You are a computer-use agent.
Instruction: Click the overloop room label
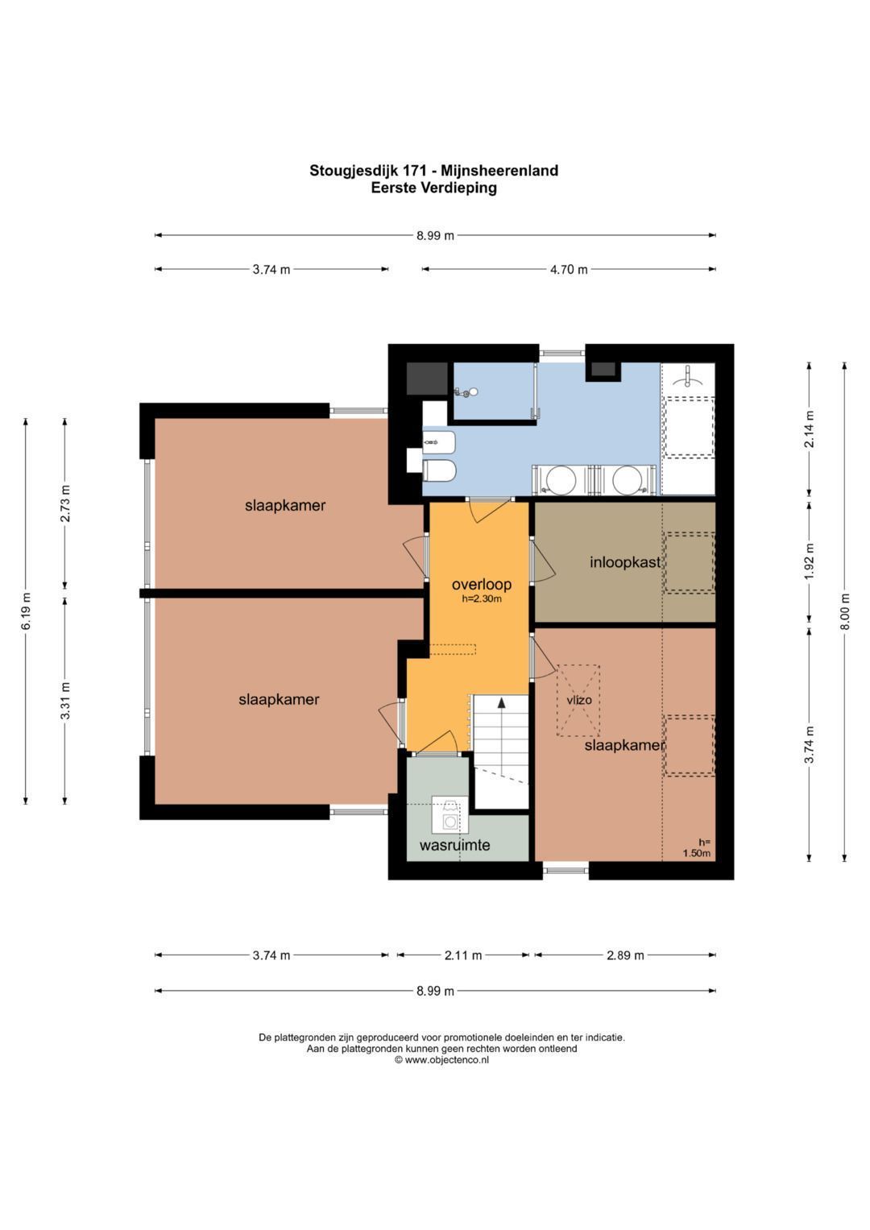tap(481, 584)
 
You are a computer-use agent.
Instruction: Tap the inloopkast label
tap(625, 561)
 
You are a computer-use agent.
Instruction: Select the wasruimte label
tap(454, 845)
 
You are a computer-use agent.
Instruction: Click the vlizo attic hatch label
tap(579, 699)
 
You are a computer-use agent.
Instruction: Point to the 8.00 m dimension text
tap(845, 612)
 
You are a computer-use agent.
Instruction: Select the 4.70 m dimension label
tap(569, 270)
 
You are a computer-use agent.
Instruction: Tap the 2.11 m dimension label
tap(463, 955)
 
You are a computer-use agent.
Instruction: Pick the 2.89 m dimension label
tap(625, 955)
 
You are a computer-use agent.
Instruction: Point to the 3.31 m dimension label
tap(65, 701)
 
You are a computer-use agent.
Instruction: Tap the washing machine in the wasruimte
tap(449, 821)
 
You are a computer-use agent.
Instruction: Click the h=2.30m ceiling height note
tap(482, 599)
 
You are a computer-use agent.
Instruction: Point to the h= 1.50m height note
tap(697, 848)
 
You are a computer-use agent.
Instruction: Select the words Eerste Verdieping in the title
tap(434, 188)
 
